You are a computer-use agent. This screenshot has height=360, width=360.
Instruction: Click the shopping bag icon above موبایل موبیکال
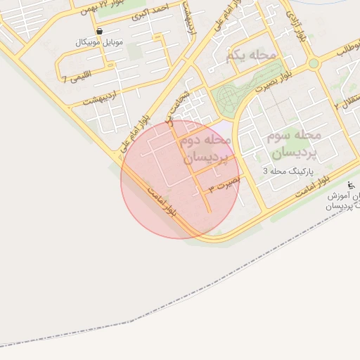(99, 32)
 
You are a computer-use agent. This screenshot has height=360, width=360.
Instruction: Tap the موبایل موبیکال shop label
(99, 43)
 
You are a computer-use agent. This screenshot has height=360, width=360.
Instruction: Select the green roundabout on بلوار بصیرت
(314, 63)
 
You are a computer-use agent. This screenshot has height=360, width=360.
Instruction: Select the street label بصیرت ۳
(224, 186)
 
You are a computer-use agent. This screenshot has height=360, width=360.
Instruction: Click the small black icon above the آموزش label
(351, 185)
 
